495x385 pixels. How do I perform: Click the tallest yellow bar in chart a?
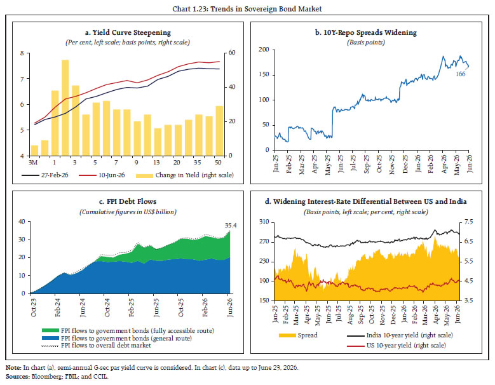click(x=65, y=107)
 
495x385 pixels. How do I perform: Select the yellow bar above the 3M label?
click(x=34, y=151)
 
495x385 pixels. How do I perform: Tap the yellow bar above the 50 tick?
click(x=219, y=131)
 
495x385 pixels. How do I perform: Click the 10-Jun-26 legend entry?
click(x=102, y=175)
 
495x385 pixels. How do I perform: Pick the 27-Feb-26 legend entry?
click(x=45, y=175)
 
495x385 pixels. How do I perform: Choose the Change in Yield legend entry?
click(x=185, y=175)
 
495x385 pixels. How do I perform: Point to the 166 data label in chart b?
click(x=460, y=74)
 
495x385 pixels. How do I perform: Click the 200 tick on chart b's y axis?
click(x=264, y=50)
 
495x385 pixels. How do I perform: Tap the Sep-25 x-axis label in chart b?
click(x=367, y=164)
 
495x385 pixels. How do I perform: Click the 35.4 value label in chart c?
click(x=231, y=226)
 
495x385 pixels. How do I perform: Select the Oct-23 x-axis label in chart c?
click(x=33, y=307)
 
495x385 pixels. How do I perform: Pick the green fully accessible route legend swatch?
click(x=50, y=330)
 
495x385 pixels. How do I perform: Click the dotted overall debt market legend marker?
click(x=50, y=346)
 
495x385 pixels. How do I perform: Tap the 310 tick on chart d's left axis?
click(x=264, y=222)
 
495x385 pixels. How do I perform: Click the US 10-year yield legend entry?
click(x=397, y=346)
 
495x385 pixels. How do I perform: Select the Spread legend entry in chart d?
click(x=298, y=335)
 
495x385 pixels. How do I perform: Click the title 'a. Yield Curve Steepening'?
click(x=128, y=32)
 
